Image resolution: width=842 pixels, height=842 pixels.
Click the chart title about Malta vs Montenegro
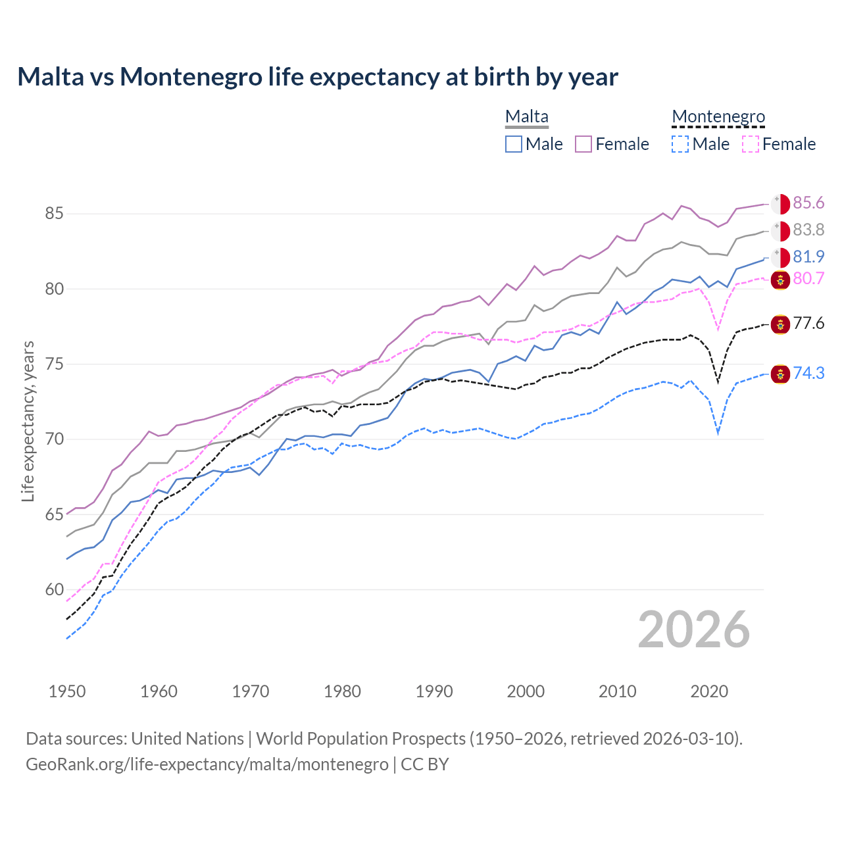317,77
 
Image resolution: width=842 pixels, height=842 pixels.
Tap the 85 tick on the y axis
54,214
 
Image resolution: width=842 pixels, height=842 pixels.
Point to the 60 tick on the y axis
54,590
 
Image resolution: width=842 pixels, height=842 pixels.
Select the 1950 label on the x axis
67,691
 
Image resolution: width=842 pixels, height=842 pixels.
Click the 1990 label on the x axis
434,691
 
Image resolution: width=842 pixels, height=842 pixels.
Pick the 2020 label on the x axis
709,691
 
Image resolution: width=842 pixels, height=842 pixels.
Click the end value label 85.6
808,203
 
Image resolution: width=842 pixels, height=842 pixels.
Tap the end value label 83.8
808,230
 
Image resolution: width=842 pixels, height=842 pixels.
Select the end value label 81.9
808,257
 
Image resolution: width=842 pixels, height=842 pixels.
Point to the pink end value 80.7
808,279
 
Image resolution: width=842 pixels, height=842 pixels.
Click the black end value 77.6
808,324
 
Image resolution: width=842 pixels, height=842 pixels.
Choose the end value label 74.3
808,374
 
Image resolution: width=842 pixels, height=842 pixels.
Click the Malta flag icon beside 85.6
780,204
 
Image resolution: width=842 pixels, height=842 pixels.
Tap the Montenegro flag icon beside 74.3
780,374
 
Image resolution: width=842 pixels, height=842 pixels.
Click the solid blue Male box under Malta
514,144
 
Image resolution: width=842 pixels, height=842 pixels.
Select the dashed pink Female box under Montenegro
750,144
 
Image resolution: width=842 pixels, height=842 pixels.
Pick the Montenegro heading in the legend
718,117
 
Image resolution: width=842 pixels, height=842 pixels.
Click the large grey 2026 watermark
693,630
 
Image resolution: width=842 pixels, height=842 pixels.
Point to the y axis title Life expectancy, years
28,421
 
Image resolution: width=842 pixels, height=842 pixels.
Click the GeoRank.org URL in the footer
207,764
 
